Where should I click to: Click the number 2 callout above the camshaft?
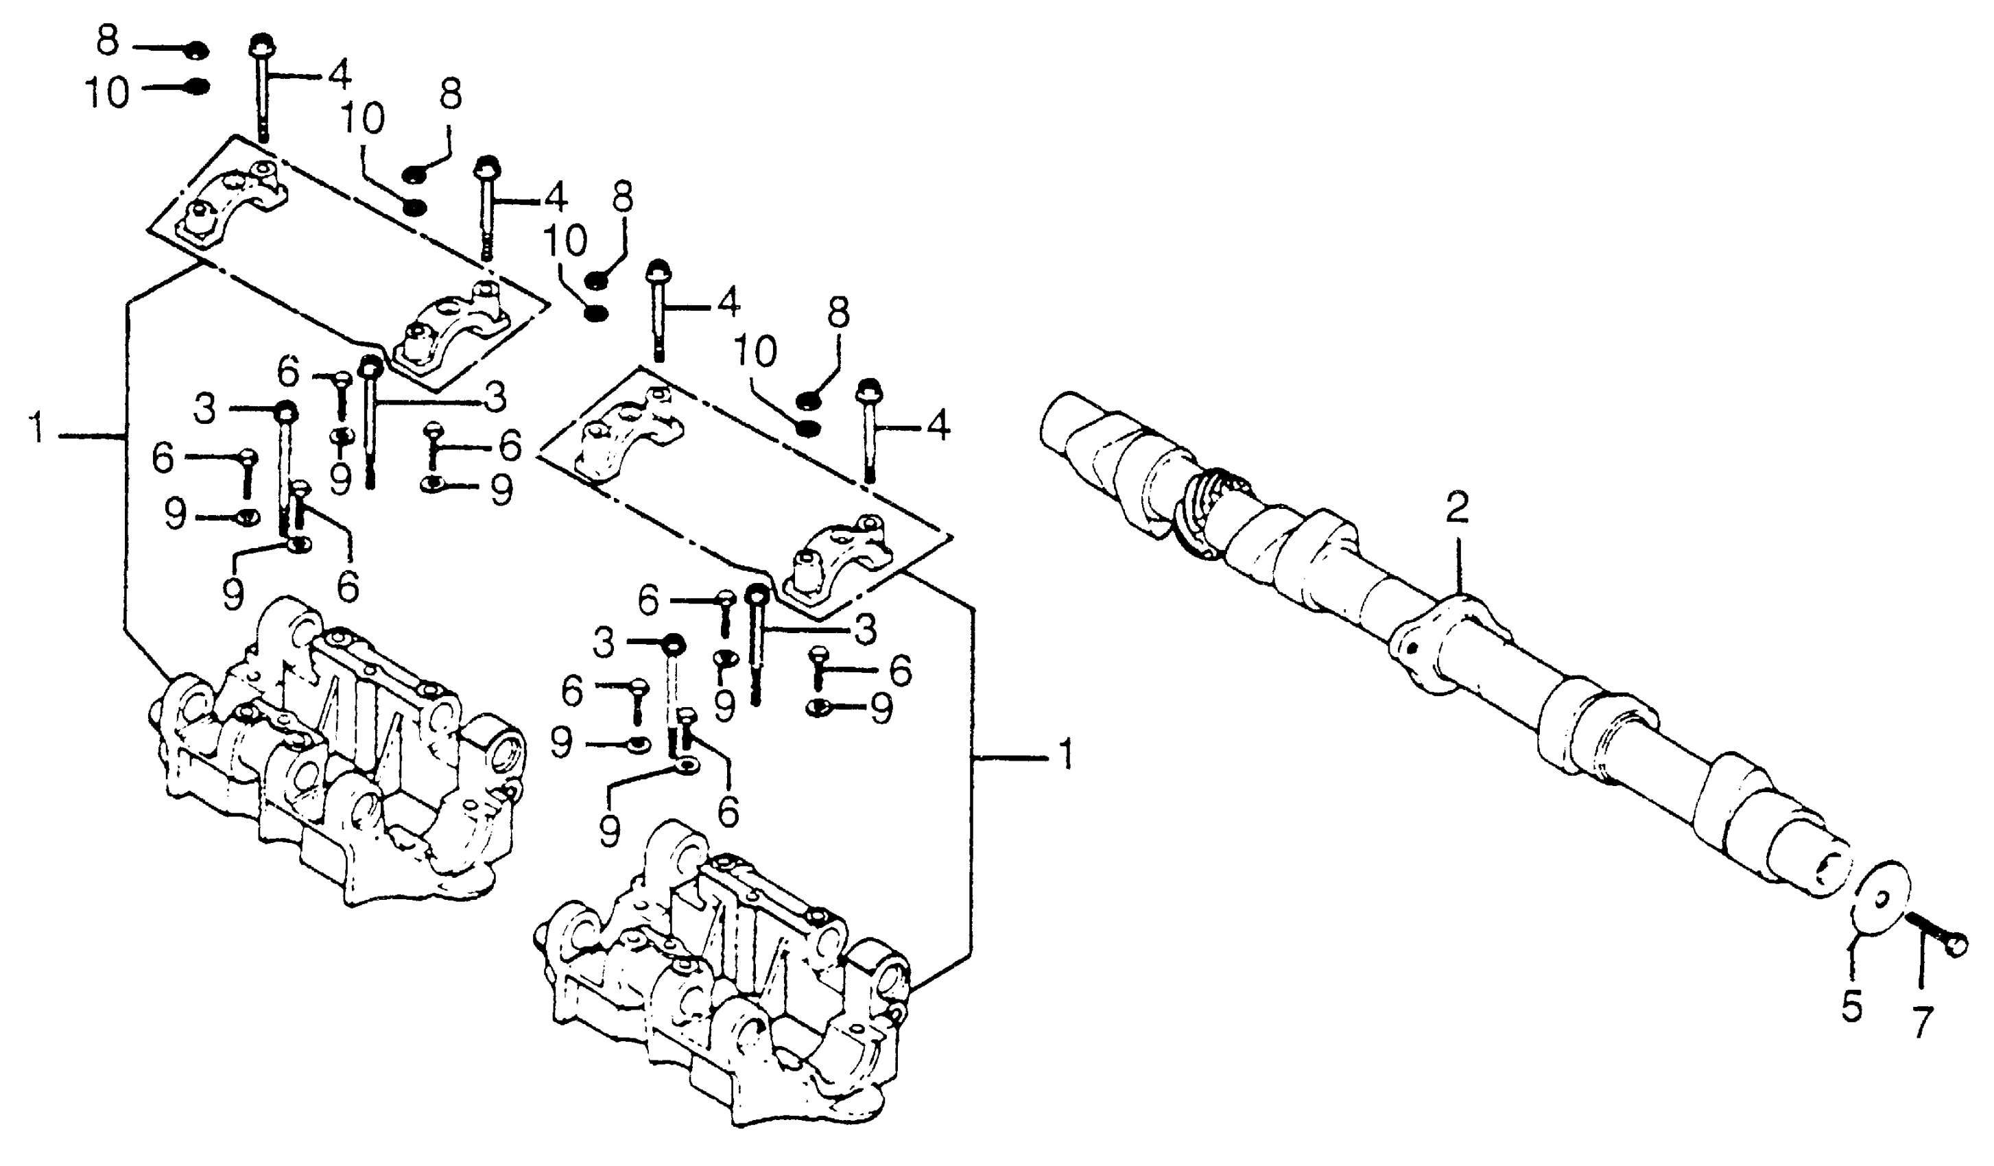tap(1457, 509)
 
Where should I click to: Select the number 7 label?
tap(1923, 1021)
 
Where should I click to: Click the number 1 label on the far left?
tap(35, 433)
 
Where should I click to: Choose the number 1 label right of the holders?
tap(1066, 754)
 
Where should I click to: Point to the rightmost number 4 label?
tap(938, 428)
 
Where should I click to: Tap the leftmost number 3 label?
tap(204, 409)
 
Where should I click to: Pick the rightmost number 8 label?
tap(839, 313)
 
